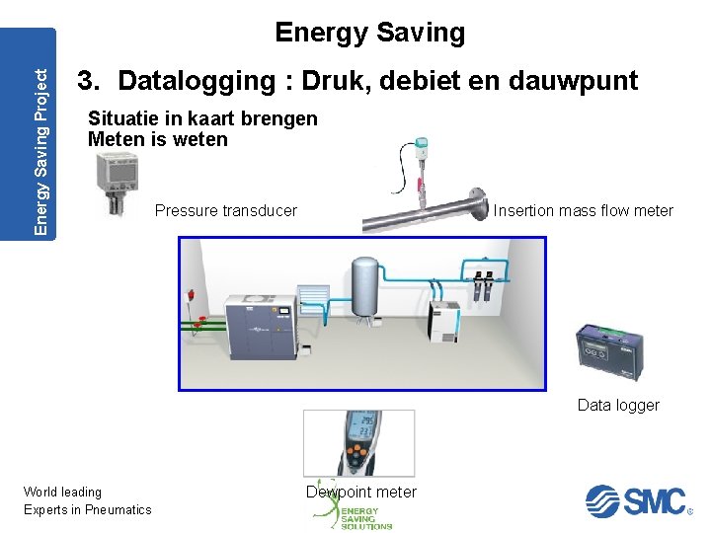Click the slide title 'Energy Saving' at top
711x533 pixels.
[x=369, y=33]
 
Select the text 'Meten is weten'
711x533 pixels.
[x=158, y=140]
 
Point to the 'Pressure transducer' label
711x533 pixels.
[x=226, y=210]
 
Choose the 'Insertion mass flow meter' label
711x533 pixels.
[x=583, y=210]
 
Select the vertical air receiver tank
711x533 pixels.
[x=366, y=285]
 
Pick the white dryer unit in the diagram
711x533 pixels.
[x=442, y=322]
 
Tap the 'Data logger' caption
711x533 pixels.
[x=618, y=406]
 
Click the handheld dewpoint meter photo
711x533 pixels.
[x=357, y=443]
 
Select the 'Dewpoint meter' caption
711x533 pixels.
[x=361, y=492]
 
